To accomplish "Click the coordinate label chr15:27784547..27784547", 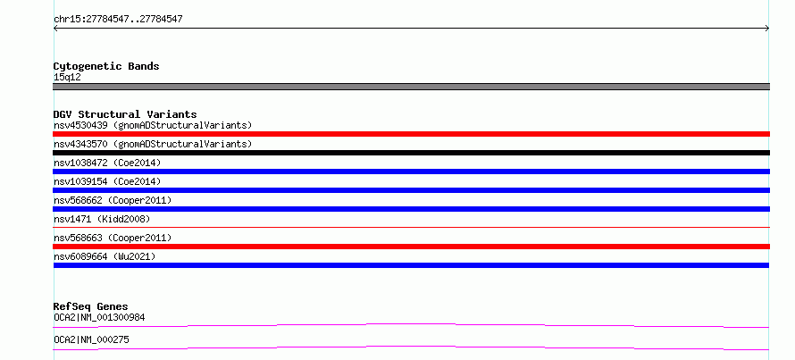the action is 118,20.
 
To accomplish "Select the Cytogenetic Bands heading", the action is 106,66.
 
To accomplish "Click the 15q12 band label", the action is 67,78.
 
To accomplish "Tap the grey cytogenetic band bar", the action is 411,87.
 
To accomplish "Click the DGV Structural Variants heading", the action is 125,114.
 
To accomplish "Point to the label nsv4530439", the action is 80,125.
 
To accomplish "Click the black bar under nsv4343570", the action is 411,153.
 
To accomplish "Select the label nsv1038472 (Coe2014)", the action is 107,163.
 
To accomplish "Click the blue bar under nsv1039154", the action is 411,190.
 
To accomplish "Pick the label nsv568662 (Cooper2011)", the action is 113,200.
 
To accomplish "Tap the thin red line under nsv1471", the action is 411,227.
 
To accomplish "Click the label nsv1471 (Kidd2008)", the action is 102,219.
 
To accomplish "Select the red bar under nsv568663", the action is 411,247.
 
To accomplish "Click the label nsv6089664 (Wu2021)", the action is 105,256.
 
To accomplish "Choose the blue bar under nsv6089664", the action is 411,265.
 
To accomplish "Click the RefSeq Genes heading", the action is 90,306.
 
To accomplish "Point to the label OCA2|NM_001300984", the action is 99,318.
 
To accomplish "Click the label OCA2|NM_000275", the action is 91,339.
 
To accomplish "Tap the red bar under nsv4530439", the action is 411,134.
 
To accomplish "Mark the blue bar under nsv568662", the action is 411,209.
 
